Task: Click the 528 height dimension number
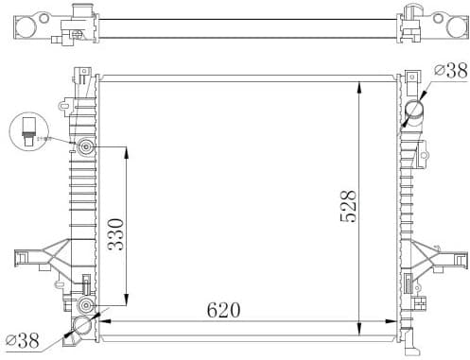(348, 207)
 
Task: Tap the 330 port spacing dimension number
(115, 229)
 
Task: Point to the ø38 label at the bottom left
(23, 339)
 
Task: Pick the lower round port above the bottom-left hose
(86, 307)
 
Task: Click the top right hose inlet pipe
(413, 111)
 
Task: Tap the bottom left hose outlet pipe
(80, 328)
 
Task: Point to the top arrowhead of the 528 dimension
(358, 88)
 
